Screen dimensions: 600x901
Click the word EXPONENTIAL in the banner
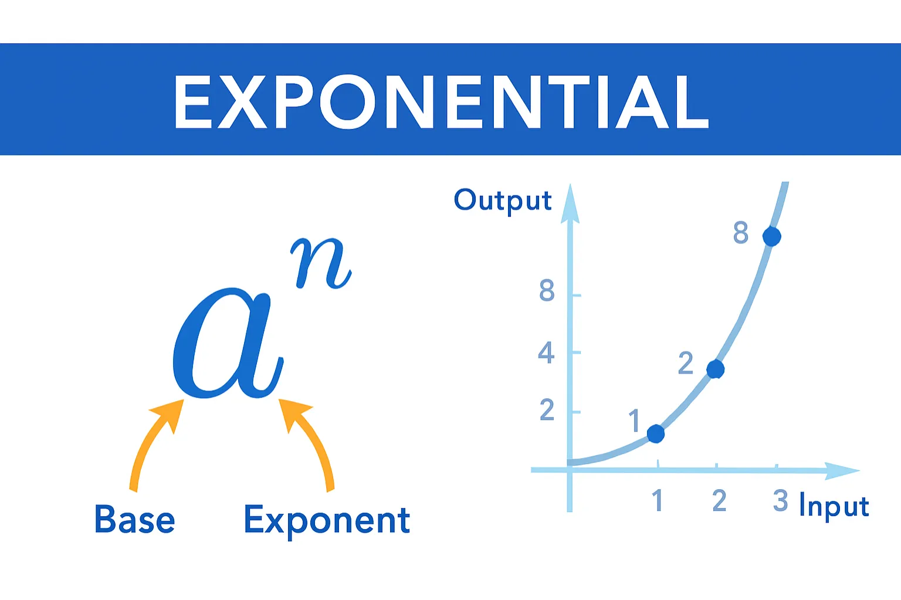[x=441, y=101]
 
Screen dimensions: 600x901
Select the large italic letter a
[x=226, y=343]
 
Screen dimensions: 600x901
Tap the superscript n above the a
[x=321, y=264]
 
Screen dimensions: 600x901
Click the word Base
[x=134, y=520]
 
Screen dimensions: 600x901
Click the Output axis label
[x=503, y=201]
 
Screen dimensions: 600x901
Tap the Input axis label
[x=834, y=507]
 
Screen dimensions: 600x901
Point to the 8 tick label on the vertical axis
[x=547, y=290]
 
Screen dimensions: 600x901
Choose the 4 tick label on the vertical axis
[x=546, y=352]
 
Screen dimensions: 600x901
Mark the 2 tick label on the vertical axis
[x=547, y=410]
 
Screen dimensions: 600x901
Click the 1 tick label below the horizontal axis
[x=658, y=501]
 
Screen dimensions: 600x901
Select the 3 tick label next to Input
[x=780, y=501]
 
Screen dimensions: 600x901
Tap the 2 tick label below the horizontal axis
[x=719, y=501]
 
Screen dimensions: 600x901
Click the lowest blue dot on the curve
[x=656, y=433]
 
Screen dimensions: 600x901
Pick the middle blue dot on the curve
[x=716, y=370]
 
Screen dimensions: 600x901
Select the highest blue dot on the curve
[x=771, y=236]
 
